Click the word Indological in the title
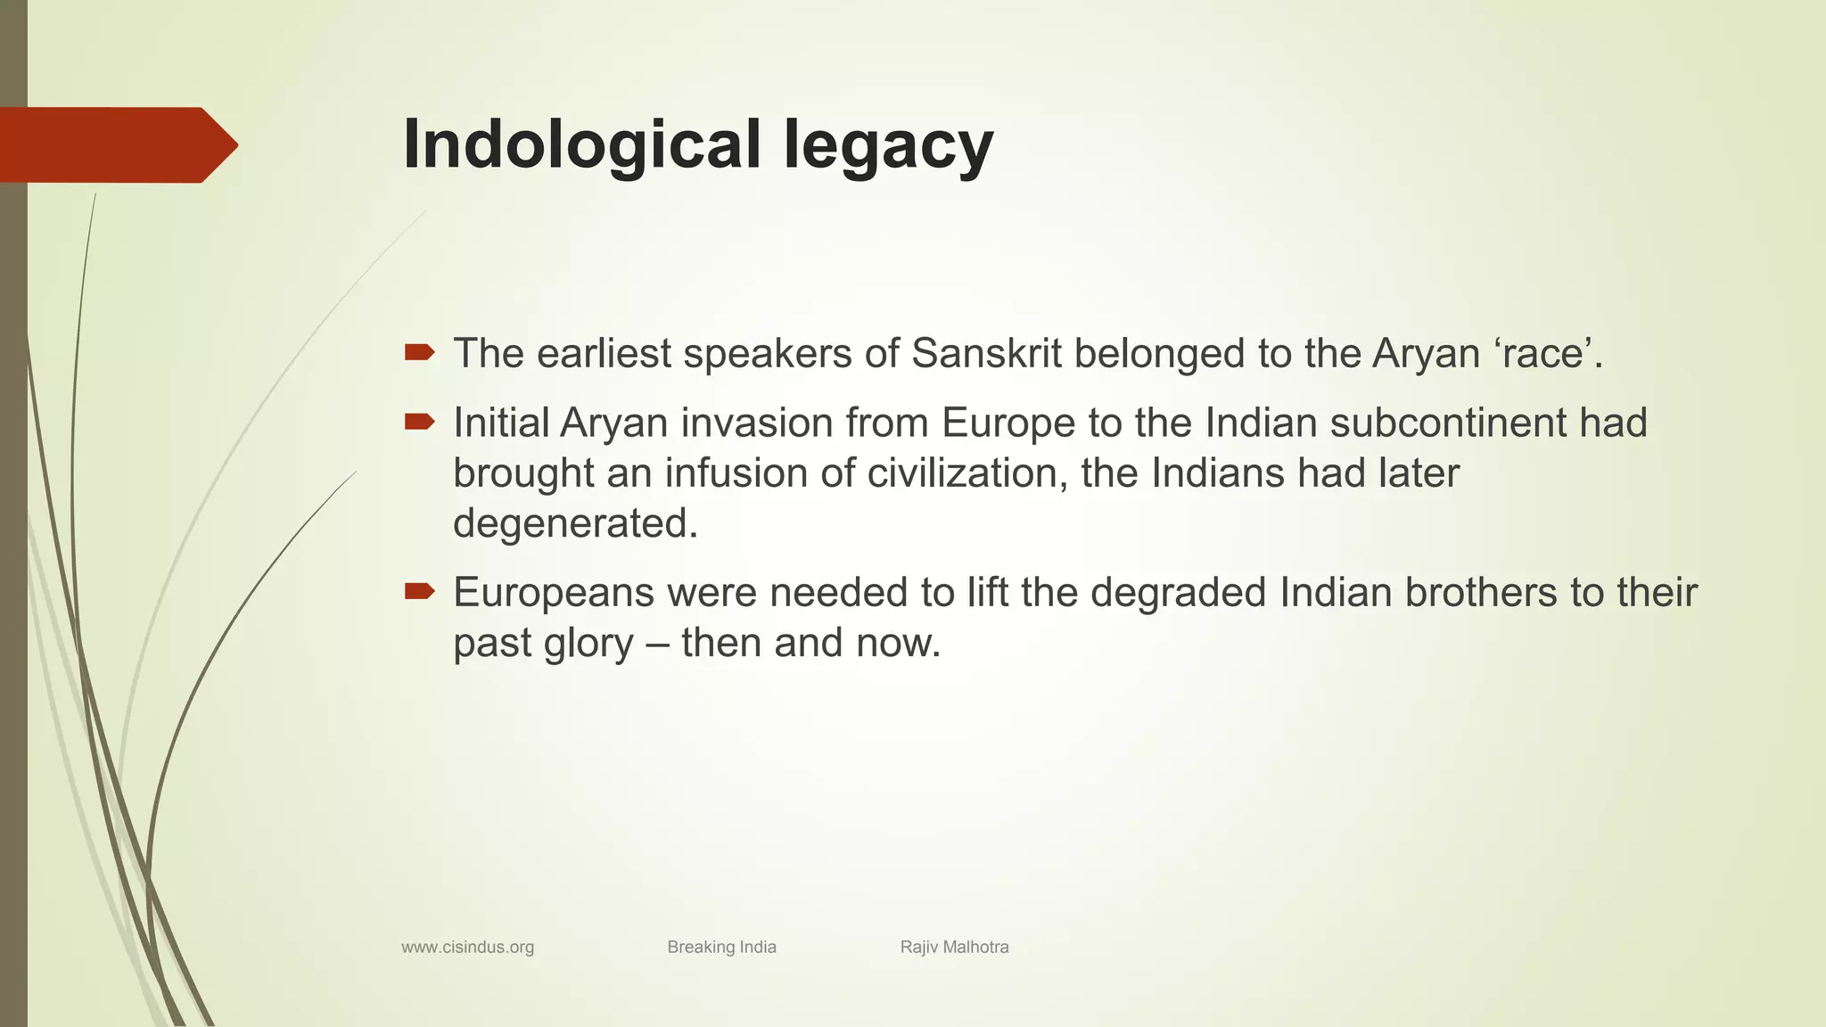(x=582, y=144)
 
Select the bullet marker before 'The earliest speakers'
(x=419, y=353)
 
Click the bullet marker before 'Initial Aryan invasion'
(x=419, y=422)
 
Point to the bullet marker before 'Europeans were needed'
(x=419, y=591)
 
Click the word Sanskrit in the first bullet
(x=986, y=353)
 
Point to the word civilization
(x=967, y=473)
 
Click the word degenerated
(x=575, y=524)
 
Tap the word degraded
(x=1178, y=593)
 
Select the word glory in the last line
(x=588, y=644)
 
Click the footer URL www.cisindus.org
(x=467, y=947)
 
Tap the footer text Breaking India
(x=721, y=947)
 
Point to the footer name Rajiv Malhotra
(x=954, y=947)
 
